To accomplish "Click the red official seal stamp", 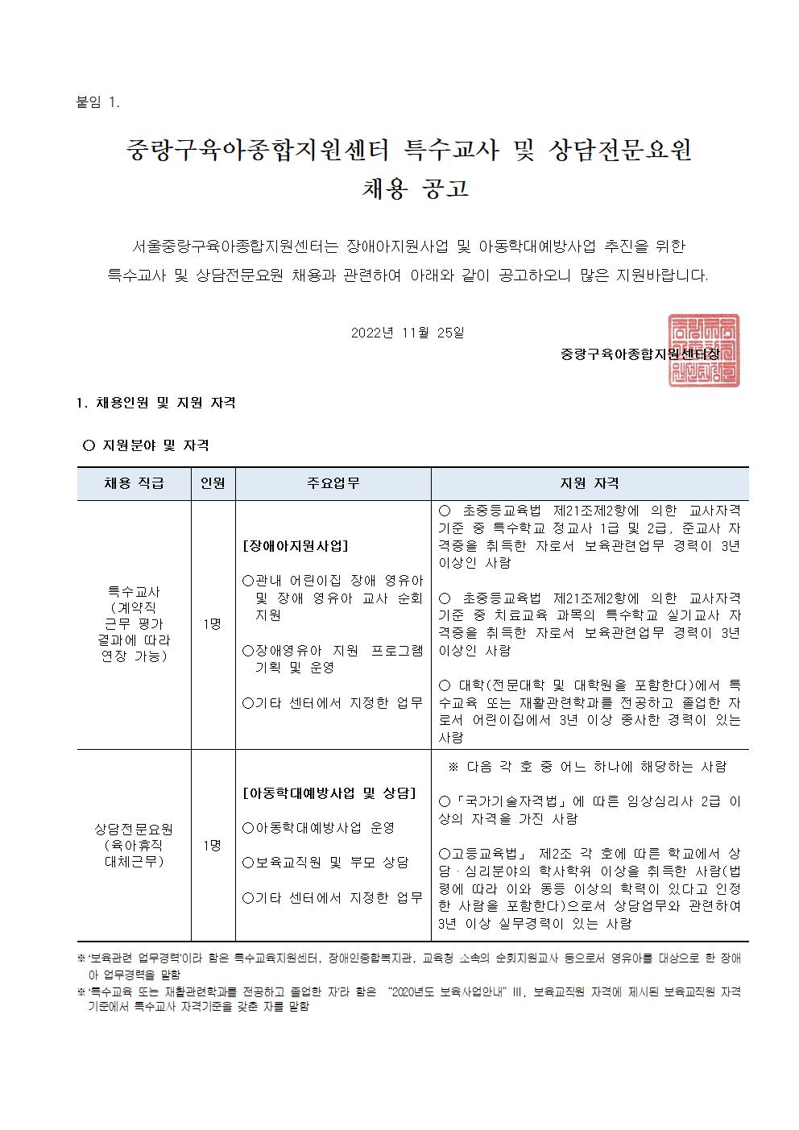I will point(703,350).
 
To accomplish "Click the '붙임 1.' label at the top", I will point(96,102).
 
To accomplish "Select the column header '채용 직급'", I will point(134,483).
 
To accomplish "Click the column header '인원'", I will point(213,483).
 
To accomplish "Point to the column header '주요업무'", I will point(333,483).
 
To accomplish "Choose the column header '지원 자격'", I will point(590,483).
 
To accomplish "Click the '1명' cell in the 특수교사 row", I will point(213,623).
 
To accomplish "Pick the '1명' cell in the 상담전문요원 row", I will point(213,845).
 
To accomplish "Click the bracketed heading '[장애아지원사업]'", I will point(295,545).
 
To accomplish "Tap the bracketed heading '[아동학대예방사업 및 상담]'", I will point(329,793).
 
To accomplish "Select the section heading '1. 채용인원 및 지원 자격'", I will point(155,403).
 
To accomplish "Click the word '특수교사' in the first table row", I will point(134,591).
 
